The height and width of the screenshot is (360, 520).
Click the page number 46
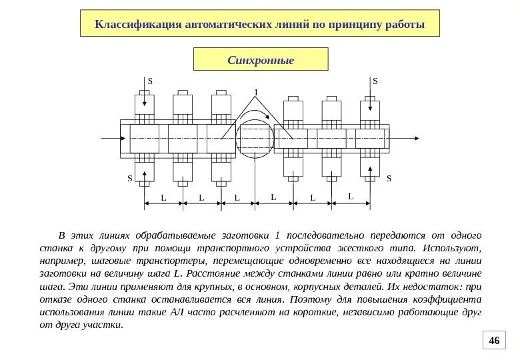pos(494,341)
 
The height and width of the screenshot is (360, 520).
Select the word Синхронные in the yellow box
pos(261,60)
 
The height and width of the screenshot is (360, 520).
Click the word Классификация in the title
pos(138,25)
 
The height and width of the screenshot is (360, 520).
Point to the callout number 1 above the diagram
pos(255,91)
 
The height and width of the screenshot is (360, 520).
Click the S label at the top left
pos(150,81)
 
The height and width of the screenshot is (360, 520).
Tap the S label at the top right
pos(375,81)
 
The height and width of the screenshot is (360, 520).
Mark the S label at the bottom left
pos(130,179)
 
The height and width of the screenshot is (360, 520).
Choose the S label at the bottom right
pos(389,179)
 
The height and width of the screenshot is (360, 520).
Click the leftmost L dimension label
pos(163,198)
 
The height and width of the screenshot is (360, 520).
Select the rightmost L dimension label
pos(351,196)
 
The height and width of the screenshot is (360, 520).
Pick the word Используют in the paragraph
pos(455,248)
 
